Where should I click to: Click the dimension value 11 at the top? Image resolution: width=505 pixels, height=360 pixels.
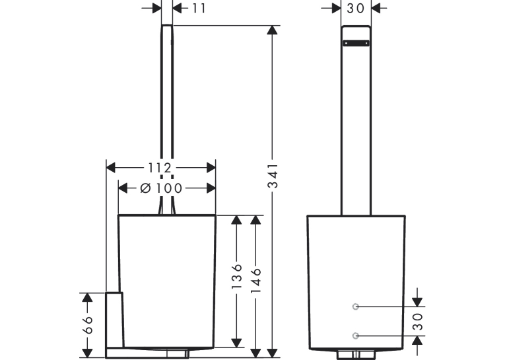[x=199, y=9]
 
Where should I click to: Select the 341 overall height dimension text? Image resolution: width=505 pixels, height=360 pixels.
[x=273, y=175]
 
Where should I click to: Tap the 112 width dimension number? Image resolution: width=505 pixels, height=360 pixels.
[x=160, y=168]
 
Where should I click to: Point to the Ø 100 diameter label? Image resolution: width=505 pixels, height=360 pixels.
[x=161, y=188]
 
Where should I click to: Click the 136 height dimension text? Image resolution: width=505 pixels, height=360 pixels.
[x=237, y=276]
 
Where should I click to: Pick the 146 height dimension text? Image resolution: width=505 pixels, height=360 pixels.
[x=255, y=280]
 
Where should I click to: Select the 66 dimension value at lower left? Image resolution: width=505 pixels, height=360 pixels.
[x=87, y=325]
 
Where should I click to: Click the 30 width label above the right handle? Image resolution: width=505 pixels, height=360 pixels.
[x=356, y=9]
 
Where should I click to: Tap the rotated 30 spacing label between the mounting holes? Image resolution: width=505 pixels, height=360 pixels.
[x=418, y=321]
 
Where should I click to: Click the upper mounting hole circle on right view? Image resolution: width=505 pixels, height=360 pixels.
[x=356, y=306]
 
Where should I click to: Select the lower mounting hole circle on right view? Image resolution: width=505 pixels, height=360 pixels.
[x=356, y=336]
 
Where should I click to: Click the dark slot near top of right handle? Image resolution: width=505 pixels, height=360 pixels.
[x=356, y=43]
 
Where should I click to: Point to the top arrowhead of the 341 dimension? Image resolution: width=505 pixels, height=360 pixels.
[x=273, y=30]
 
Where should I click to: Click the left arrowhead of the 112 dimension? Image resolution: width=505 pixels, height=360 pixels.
[x=110, y=168]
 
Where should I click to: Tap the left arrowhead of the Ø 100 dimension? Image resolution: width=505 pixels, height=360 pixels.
[x=123, y=188]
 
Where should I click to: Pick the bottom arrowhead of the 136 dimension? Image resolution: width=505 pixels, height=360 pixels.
[x=237, y=343]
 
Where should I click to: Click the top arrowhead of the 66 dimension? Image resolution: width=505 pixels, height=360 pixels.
[x=87, y=297]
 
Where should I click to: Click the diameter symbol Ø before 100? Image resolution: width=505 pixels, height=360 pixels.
[x=146, y=188]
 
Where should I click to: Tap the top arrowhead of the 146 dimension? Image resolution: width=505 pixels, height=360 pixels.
[x=255, y=220]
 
